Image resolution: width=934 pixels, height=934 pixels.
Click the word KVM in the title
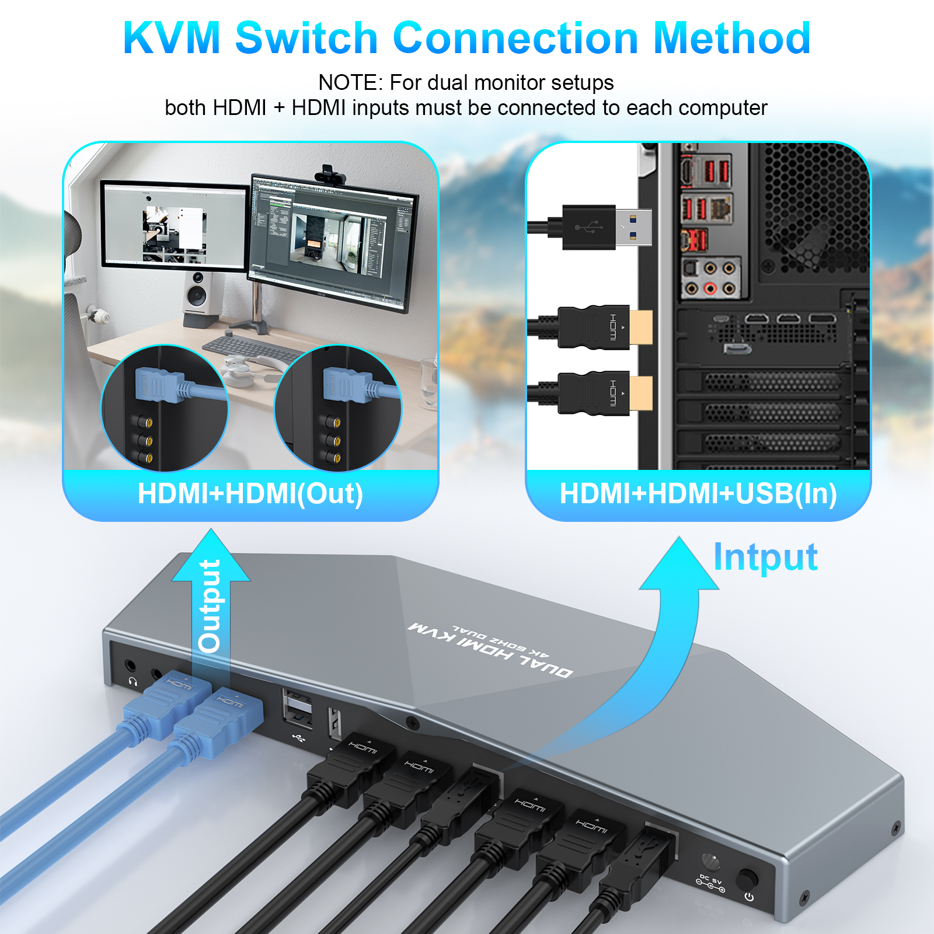172,39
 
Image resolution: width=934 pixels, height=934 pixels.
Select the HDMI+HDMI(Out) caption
250,494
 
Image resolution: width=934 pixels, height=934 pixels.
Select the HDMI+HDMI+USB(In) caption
698,494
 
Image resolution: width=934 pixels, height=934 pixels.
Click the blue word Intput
765,557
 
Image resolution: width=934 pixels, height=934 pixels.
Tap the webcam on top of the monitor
330,174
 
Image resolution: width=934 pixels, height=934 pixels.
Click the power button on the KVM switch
747,879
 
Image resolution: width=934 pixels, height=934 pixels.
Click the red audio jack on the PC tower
710,288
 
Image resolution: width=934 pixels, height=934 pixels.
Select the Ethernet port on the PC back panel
722,207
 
